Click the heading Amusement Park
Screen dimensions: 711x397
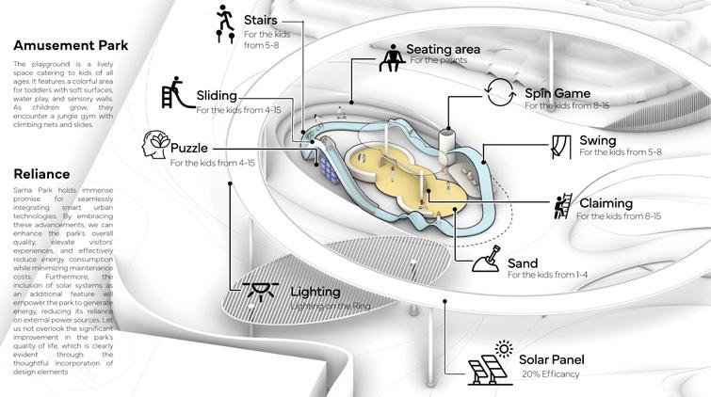click(71, 44)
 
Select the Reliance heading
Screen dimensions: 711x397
click(42, 174)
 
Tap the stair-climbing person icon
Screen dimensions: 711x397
click(224, 24)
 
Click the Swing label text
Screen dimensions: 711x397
click(598, 141)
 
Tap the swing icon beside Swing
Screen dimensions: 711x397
click(562, 146)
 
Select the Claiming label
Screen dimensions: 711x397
click(606, 203)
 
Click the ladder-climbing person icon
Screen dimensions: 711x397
click(563, 205)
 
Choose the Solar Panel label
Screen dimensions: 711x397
click(555, 359)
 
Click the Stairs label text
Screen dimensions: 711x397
click(260, 20)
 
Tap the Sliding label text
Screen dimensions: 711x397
click(217, 96)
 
